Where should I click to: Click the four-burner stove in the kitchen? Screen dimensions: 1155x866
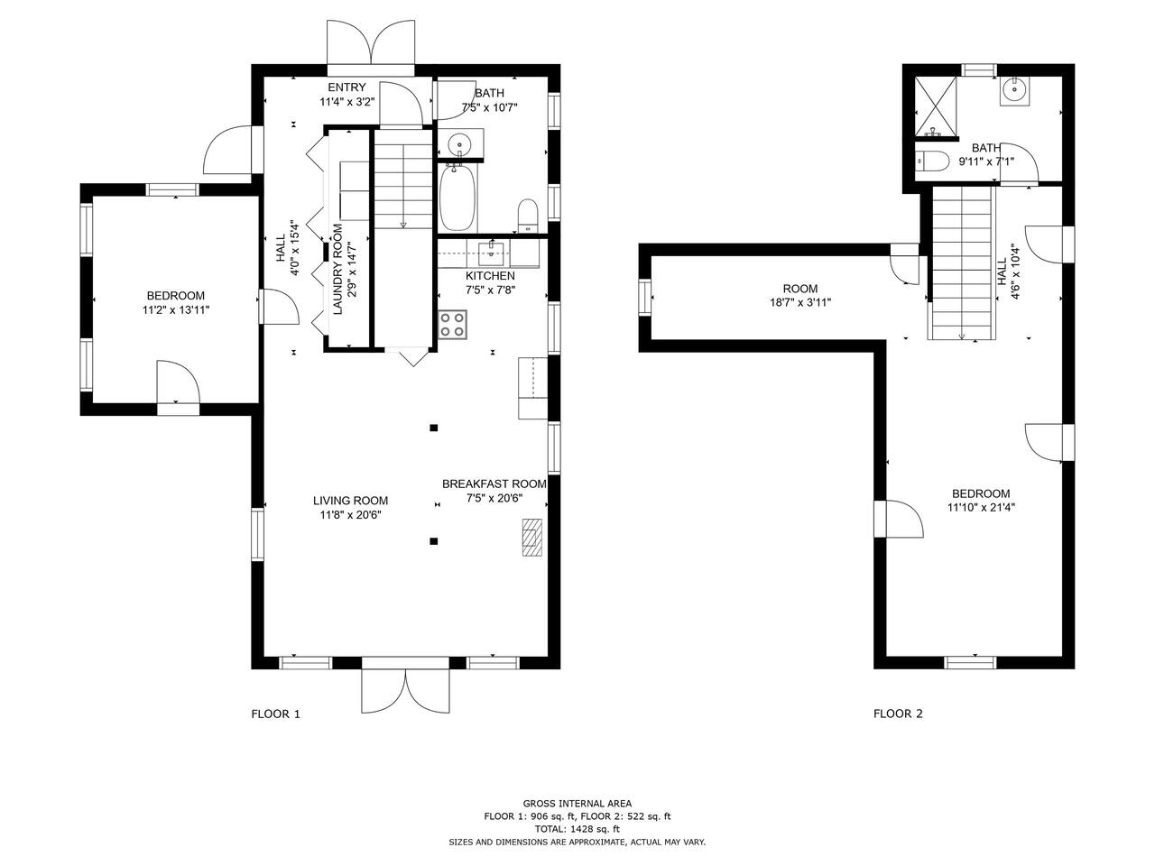click(x=453, y=325)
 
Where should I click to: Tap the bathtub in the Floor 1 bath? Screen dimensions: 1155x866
click(x=457, y=198)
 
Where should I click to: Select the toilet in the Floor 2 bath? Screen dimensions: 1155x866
click(x=931, y=160)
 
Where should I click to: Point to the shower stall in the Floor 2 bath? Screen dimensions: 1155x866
click(x=936, y=106)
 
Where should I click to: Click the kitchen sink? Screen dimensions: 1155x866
click(x=491, y=254)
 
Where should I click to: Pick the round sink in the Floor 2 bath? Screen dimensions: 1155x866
click(x=1014, y=91)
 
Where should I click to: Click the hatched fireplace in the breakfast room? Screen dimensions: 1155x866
click(x=532, y=537)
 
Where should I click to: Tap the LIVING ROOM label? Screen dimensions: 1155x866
click(x=350, y=501)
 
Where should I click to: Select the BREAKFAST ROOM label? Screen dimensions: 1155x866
click(x=494, y=484)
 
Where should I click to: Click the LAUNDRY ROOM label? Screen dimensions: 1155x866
click(x=337, y=269)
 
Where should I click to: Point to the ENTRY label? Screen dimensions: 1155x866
click(x=346, y=88)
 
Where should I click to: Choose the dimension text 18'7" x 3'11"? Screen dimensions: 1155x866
click(x=800, y=302)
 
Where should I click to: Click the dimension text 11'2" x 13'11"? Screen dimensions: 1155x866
click(x=176, y=310)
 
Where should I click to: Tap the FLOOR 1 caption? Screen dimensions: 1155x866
click(x=276, y=714)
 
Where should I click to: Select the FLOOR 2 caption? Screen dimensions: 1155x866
click(x=898, y=714)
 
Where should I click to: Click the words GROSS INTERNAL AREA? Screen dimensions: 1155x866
click(x=577, y=804)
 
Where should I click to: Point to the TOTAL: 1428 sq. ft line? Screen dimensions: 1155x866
click(x=577, y=829)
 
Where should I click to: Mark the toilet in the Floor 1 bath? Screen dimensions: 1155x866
click(x=527, y=216)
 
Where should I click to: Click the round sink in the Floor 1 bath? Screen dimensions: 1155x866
click(x=459, y=143)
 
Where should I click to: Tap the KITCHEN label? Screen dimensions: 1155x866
click(x=490, y=276)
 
